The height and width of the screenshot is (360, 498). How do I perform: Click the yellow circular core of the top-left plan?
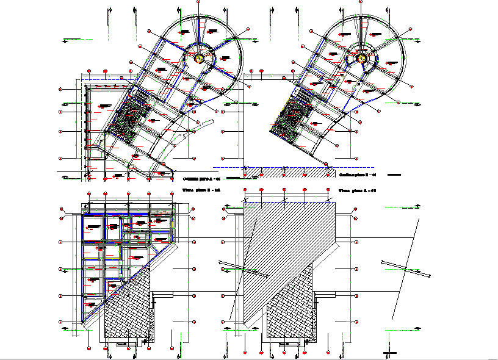(199, 59)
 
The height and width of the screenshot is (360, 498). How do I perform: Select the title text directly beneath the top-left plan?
(201, 178)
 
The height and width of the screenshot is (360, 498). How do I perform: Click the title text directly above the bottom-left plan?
(201, 190)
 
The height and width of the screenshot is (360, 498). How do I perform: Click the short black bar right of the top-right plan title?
(394, 175)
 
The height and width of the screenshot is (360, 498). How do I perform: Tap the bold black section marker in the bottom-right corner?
(390, 353)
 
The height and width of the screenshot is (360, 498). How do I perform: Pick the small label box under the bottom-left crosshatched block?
(121, 344)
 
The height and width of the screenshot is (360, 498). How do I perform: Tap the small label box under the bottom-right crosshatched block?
(284, 344)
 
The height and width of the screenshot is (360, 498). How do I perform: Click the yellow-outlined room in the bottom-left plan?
(161, 218)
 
